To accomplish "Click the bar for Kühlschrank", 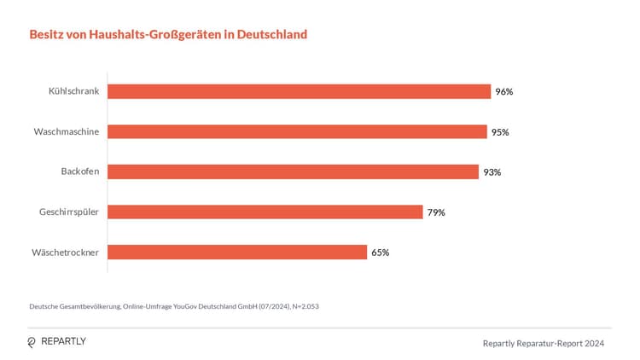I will (x=299, y=91).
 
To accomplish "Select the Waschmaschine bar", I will (x=297, y=131).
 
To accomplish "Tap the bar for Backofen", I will (x=293, y=171).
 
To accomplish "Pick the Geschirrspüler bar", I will (x=265, y=212).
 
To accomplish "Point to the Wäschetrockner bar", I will (x=237, y=252).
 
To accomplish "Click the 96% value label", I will (x=504, y=91).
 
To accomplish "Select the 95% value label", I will (x=500, y=131).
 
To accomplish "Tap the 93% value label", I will (x=492, y=171).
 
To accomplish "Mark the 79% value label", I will (x=436, y=212).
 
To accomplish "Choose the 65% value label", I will (x=381, y=252).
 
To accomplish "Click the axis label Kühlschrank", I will (x=74, y=91).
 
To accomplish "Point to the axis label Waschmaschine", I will (x=67, y=131).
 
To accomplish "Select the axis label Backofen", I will (x=80, y=171).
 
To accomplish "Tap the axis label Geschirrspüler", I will (x=69, y=212).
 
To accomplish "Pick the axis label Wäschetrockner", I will (x=67, y=252).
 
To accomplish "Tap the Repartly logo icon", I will (x=32, y=342).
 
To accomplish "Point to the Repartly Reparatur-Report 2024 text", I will (x=544, y=343).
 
